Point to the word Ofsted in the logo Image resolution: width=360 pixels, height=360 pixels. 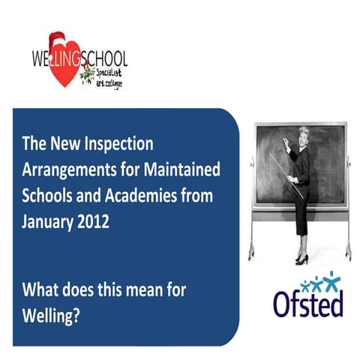[x=307, y=303]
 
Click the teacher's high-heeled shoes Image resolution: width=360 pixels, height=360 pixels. [x=301, y=259]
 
